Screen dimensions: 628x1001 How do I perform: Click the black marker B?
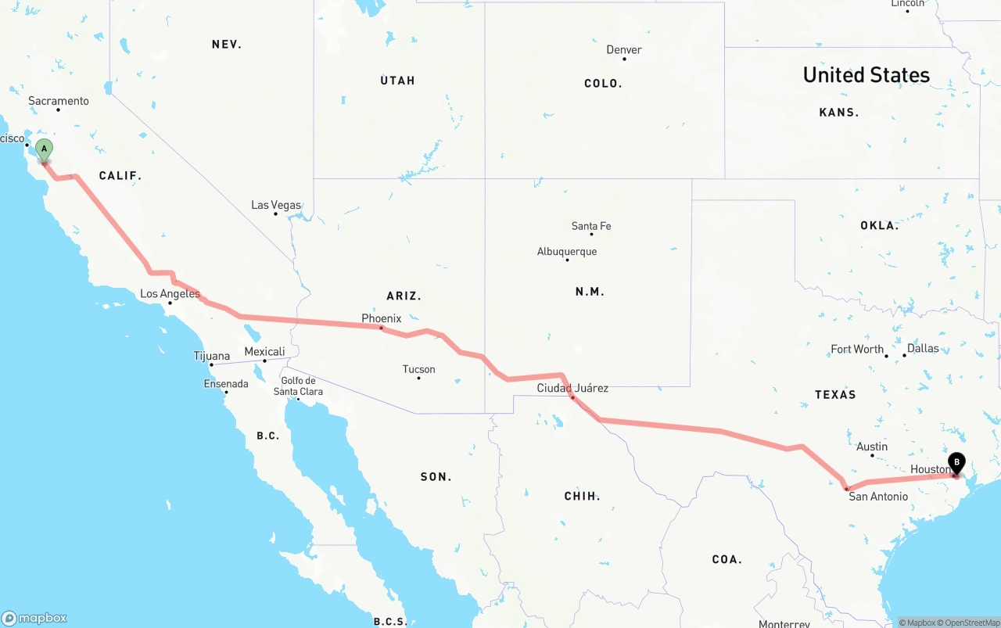pyautogui.click(x=956, y=463)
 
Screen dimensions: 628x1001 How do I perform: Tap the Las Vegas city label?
pyautogui.click(x=276, y=205)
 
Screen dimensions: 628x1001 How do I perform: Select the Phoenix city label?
pyautogui.click(x=381, y=318)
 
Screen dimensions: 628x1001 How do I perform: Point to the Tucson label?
pyautogui.click(x=418, y=369)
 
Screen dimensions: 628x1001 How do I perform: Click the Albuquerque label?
pyautogui.click(x=567, y=251)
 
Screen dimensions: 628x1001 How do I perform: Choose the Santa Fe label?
pyautogui.click(x=591, y=226)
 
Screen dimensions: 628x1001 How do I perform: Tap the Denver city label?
pyautogui.click(x=624, y=49)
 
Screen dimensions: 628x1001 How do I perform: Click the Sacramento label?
pyautogui.click(x=59, y=101)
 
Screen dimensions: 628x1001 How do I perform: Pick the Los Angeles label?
pyautogui.click(x=170, y=294)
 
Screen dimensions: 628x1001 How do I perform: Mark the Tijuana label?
pyautogui.click(x=212, y=356)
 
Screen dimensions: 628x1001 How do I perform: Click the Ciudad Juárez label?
pyautogui.click(x=572, y=388)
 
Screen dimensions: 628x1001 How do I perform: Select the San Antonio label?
pyautogui.click(x=878, y=496)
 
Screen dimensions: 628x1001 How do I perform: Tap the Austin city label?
pyautogui.click(x=872, y=447)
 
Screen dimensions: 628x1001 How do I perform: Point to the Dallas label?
pyautogui.click(x=923, y=348)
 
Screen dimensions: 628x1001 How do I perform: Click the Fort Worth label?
pyautogui.click(x=857, y=349)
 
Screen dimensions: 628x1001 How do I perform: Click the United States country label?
pyautogui.click(x=866, y=75)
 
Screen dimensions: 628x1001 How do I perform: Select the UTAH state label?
pyautogui.click(x=398, y=81)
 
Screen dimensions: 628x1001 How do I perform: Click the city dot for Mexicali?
pyautogui.click(x=264, y=361)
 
